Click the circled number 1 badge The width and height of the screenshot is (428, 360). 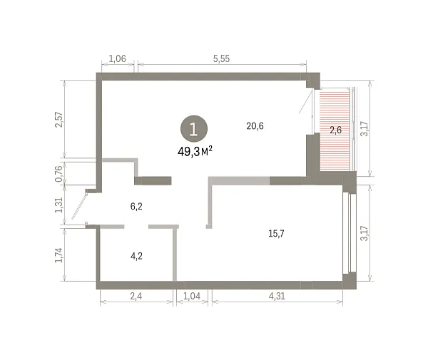click(194, 129)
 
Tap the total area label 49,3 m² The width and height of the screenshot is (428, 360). click(195, 151)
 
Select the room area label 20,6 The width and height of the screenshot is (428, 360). click(255, 126)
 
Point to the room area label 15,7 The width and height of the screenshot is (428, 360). click(276, 233)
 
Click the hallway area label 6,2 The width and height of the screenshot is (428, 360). click(136, 207)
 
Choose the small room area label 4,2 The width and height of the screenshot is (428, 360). click(136, 256)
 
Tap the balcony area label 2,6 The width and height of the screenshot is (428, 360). click(335, 130)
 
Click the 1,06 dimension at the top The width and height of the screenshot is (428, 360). click(118, 58)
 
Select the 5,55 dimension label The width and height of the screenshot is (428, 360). click(221, 58)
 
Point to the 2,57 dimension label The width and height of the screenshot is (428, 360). click(59, 120)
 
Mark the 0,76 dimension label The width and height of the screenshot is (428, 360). click(59, 174)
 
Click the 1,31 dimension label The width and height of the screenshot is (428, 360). click(59, 205)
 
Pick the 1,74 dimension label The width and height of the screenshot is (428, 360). click(59, 255)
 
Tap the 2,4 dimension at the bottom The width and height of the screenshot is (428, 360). click(136, 296)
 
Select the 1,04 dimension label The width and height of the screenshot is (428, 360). click(192, 296)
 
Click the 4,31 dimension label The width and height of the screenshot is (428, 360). click(277, 296)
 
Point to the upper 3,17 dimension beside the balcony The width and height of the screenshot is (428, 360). click(365, 128)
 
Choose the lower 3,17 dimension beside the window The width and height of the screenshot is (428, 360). click(365, 233)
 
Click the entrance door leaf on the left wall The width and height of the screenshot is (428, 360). click(79, 206)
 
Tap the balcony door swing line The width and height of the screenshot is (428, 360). click(305, 102)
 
